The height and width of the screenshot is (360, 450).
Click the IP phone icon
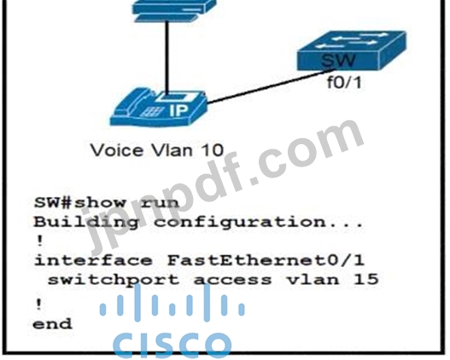pyautogui.click(x=159, y=107)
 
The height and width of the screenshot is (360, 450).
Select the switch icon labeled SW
pyautogui.click(x=352, y=50)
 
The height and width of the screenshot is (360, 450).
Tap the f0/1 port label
pyautogui.click(x=344, y=83)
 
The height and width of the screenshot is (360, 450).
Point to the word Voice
pyautogui.click(x=117, y=150)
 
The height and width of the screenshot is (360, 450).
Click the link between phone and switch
pyautogui.click(x=272, y=86)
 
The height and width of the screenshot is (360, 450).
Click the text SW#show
pyautogui.click(x=79, y=203)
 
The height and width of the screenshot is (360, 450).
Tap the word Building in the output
pyautogui.click(x=86, y=223)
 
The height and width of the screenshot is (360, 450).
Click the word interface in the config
pyautogui.click(x=93, y=260)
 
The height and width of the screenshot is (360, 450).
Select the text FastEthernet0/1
pyautogui.click(x=266, y=260)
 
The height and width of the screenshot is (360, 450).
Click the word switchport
pyautogui.click(x=114, y=281)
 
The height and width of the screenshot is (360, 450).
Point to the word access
pyautogui.click(x=232, y=281)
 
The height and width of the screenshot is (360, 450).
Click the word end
pyautogui.click(x=52, y=324)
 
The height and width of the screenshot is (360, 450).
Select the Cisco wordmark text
pyautogui.click(x=172, y=345)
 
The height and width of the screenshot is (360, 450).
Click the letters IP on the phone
pyautogui.click(x=178, y=110)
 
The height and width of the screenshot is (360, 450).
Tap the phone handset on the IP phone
pyautogui.click(x=135, y=101)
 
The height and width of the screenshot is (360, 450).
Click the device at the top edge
pyautogui.click(x=174, y=10)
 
